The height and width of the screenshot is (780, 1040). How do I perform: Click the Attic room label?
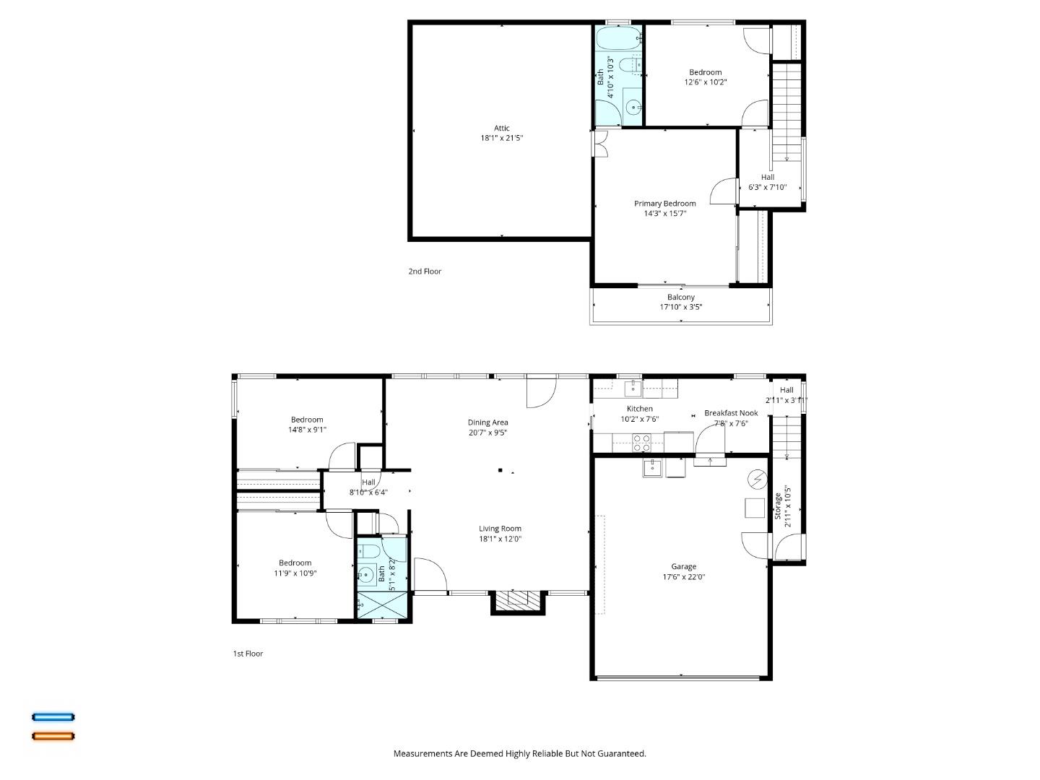(x=502, y=129)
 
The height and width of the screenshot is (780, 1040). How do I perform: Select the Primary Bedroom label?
(x=664, y=204)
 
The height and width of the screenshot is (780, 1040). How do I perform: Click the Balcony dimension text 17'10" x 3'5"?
(x=680, y=307)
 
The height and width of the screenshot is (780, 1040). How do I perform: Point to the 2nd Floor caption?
(x=425, y=272)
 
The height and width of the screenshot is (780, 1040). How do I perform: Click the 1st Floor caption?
(x=248, y=654)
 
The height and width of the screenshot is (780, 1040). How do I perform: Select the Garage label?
(x=683, y=567)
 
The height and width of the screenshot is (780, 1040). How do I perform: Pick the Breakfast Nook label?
(x=731, y=413)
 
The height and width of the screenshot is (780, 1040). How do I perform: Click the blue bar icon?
(x=53, y=717)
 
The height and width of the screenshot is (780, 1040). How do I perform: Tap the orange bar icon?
(x=53, y=737)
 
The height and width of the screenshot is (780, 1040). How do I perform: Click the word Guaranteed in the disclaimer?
(x=620, y=753)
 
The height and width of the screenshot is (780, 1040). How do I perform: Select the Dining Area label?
(x=487, y=422)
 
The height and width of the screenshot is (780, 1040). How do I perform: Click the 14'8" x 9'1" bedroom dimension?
(x=307, y=430)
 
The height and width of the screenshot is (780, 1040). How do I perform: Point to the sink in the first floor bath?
(x=366, y=576)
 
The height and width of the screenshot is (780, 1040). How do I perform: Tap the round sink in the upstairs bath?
(x=633, y=108)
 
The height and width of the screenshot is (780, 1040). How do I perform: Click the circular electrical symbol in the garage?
(x=758, y=478)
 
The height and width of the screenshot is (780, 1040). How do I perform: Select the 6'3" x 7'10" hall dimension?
(x=767, y=187)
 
